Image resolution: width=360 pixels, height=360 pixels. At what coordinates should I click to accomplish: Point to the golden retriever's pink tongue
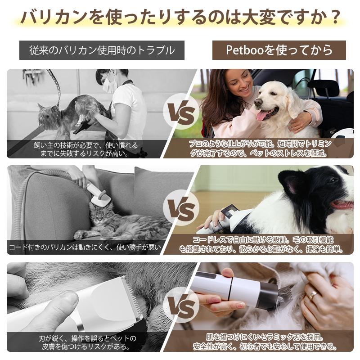point(261,116)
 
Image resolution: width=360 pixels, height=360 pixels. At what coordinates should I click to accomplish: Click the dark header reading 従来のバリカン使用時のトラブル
point(102,50)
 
